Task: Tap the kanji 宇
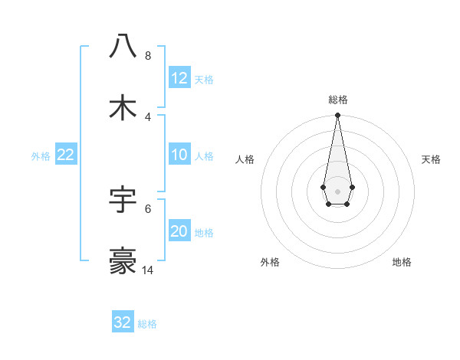click(x=123, y=200)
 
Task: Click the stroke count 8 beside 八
click(x=148, y=56)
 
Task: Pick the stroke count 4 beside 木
click(x=148, y=117)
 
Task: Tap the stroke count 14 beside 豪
click(x=148, y=270)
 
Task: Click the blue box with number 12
click(x=179, y=78)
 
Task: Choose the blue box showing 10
click(x=179, y=155)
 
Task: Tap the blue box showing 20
click(x=179, y=231)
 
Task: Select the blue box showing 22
click(x=66, y=155)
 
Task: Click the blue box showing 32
click(x=123, y=322)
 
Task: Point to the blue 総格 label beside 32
click(x=147, y=324)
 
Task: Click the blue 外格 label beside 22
click(x=41, y=156)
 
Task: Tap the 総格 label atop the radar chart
click(x=337, y=100)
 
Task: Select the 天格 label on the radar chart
click(x=431, y=159)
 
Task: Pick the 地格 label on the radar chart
click(x=402, y=262)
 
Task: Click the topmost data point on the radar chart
click(x=337, y=116)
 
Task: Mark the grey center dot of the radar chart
click(x=337, y=190)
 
